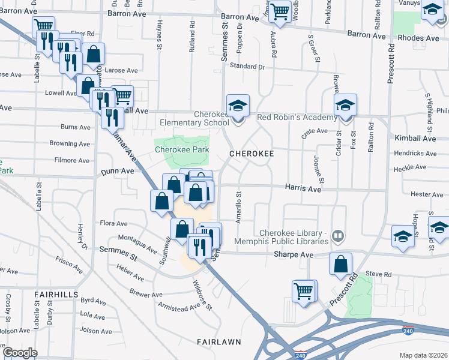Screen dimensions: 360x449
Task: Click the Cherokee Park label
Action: tap(182, 149)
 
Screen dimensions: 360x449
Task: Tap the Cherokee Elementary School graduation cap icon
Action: tap(238, 106)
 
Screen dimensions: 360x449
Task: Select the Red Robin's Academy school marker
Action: tap(346, 105)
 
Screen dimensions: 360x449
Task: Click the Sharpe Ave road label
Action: tap(294, 255)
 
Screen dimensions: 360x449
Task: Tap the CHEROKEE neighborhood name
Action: tap(252, 154)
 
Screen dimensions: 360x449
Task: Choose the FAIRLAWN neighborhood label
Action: tap(219, 342)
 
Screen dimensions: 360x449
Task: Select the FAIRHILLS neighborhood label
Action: tap(56, 295)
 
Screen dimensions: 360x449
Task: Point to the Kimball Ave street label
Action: tap(415, 138)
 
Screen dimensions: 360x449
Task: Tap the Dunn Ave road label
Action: tap(117, 171)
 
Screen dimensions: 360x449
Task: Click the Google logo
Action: tap(19, 353)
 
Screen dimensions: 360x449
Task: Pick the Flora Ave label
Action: tap(113, 223)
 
